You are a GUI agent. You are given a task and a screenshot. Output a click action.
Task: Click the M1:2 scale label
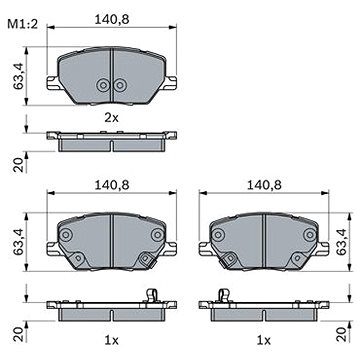point(23,24)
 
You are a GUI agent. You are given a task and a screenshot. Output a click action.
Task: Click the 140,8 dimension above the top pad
point(112,20)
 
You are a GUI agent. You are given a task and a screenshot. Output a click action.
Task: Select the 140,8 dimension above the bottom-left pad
point(112,185)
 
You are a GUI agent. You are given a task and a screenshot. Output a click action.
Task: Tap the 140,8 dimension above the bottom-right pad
point(264,185)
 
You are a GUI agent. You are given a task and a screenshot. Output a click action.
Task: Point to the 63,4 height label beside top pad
point(19,76)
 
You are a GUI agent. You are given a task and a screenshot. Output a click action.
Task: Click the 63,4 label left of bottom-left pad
point(19,242)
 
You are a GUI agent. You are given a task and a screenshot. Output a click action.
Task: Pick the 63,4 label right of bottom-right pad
point(342,242)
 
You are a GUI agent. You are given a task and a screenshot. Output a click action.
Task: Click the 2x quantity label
point(111,117)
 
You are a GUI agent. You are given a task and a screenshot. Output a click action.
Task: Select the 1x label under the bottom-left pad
point(111,340)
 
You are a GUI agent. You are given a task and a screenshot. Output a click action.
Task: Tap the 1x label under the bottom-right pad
point(264,340)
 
